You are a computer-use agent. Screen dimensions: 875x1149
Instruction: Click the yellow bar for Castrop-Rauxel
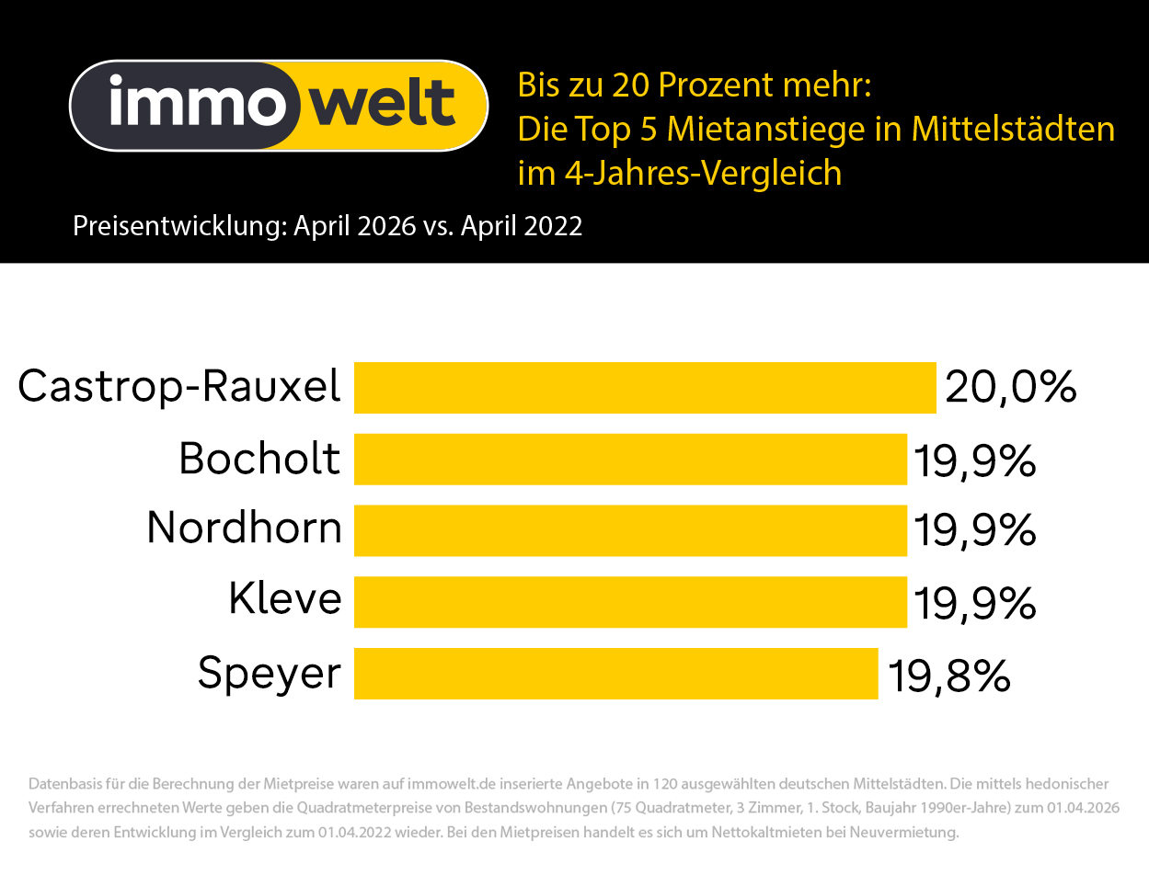pos(644,388)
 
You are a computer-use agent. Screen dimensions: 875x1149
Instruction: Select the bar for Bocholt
pos(630,459)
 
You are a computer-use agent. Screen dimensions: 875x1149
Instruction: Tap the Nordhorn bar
pos(630,530)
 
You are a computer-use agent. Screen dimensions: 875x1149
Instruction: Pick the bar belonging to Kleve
pos(630,602)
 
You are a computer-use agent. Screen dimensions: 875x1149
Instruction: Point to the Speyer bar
pos(615,674)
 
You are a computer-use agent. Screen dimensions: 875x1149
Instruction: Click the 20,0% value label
pos(1010,388)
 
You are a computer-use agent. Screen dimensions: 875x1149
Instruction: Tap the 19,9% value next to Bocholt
pos(974,460)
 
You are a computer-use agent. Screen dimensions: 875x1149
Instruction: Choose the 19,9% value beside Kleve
pos(974,603)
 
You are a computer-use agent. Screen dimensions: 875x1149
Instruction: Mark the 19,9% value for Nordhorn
pos(974,531)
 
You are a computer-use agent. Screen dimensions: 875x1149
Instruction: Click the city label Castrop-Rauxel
pos(179,387)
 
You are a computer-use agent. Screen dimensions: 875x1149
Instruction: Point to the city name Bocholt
pos(259,458)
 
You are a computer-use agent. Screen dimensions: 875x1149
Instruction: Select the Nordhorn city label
pos(244,528)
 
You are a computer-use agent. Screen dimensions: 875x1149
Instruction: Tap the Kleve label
pos(284,600)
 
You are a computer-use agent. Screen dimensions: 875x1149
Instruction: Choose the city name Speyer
pos(269,674)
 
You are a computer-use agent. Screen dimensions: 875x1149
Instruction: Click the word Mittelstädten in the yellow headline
pos(1013,129)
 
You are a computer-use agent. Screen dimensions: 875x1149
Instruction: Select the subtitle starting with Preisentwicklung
pos(327,226)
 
